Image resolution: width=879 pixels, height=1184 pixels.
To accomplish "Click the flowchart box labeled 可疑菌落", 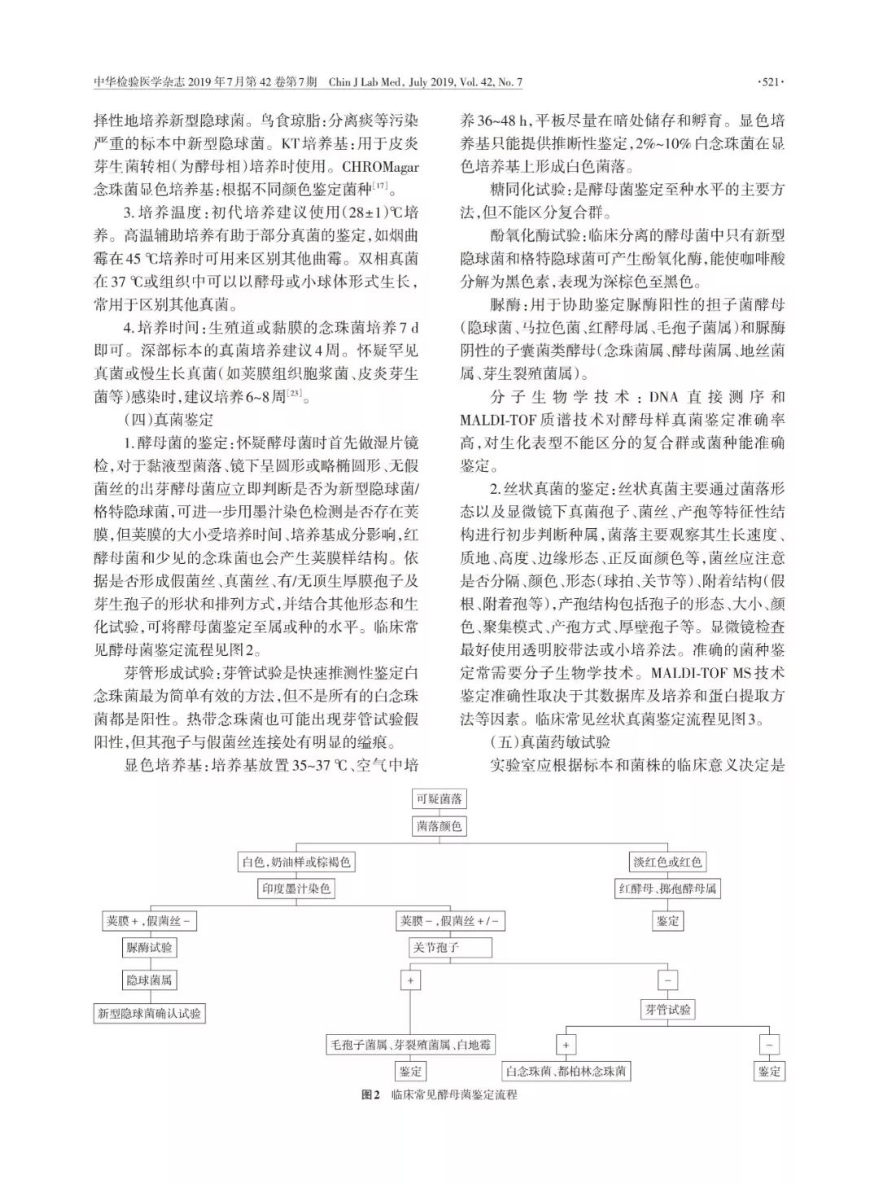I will (x=439, y=798).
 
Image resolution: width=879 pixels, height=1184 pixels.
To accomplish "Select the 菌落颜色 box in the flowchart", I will (x=439, y=826).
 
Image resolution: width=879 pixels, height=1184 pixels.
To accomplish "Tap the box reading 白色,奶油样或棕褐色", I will (x=296, y=862).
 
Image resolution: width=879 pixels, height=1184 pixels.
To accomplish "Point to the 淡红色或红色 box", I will (x=667, y=862).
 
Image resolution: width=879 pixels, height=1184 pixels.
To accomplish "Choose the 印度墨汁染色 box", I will (x=296, y=889).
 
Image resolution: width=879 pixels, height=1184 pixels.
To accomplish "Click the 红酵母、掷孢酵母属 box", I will (x=667, y=889).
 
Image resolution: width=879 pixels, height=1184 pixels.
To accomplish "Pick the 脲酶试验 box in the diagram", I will (x=150, y=947).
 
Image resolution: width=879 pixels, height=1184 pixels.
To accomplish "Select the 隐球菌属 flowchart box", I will (x=150, y=980).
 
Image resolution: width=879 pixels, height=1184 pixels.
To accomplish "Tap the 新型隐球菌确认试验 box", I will (x=150, y=1014).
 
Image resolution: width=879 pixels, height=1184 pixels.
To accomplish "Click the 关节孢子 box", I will (x=450, y=948).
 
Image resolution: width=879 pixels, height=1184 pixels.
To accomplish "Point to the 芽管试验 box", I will (x=667, y=1010).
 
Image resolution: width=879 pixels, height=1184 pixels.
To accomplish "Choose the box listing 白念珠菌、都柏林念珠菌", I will (x=566, y=1071).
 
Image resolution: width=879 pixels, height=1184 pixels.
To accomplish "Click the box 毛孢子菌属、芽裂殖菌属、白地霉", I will (x=410, y=1044).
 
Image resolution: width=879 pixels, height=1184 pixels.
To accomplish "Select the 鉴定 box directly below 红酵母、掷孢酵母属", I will (x=667, y=921).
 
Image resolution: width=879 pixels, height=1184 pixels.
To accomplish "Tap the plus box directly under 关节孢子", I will (x=410, y=981).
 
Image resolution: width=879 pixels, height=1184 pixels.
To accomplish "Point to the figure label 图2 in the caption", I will (x=371, y=1094).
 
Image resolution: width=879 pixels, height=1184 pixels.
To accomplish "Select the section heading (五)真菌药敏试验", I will (x=550, y=741).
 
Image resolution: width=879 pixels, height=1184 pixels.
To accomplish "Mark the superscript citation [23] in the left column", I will (x=293, y=395).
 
